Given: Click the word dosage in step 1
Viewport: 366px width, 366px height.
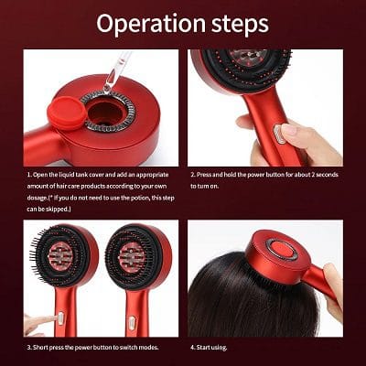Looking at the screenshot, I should click(x=39, y=199).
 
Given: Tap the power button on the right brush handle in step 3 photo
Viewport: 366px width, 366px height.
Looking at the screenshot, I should click(x=130, y=322).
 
